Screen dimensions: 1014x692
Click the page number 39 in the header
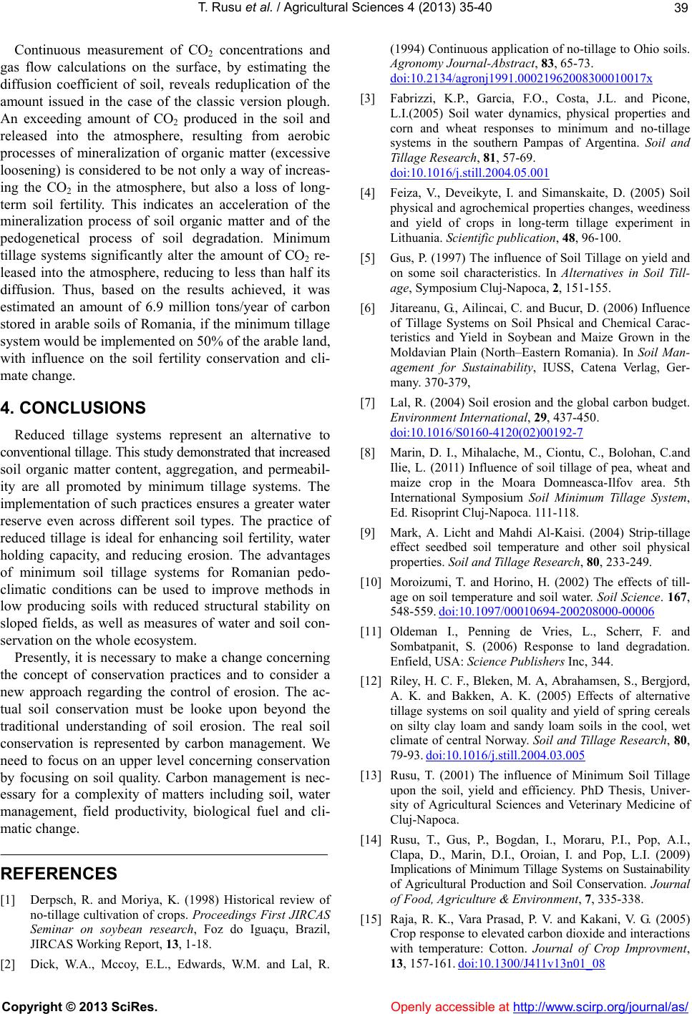(679, 7)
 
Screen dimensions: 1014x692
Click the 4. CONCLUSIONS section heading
(73, 408)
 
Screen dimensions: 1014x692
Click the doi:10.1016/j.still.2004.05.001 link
(469, 172)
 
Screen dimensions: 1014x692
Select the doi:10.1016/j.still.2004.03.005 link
(505, 755)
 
